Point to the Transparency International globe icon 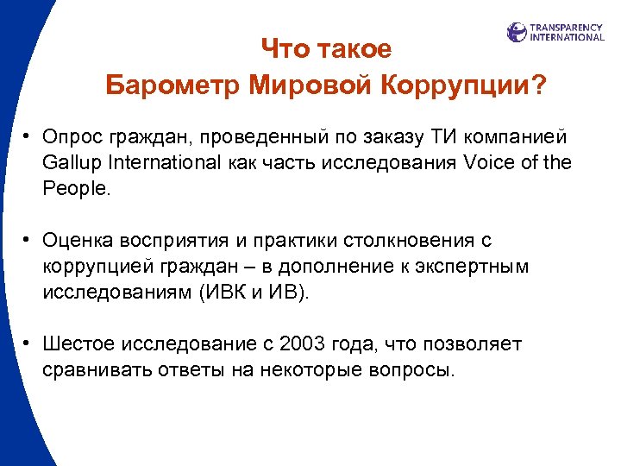click(x=517, y=33)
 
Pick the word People click(x=77, y=188)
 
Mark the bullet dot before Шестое click(x=28, y=343)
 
